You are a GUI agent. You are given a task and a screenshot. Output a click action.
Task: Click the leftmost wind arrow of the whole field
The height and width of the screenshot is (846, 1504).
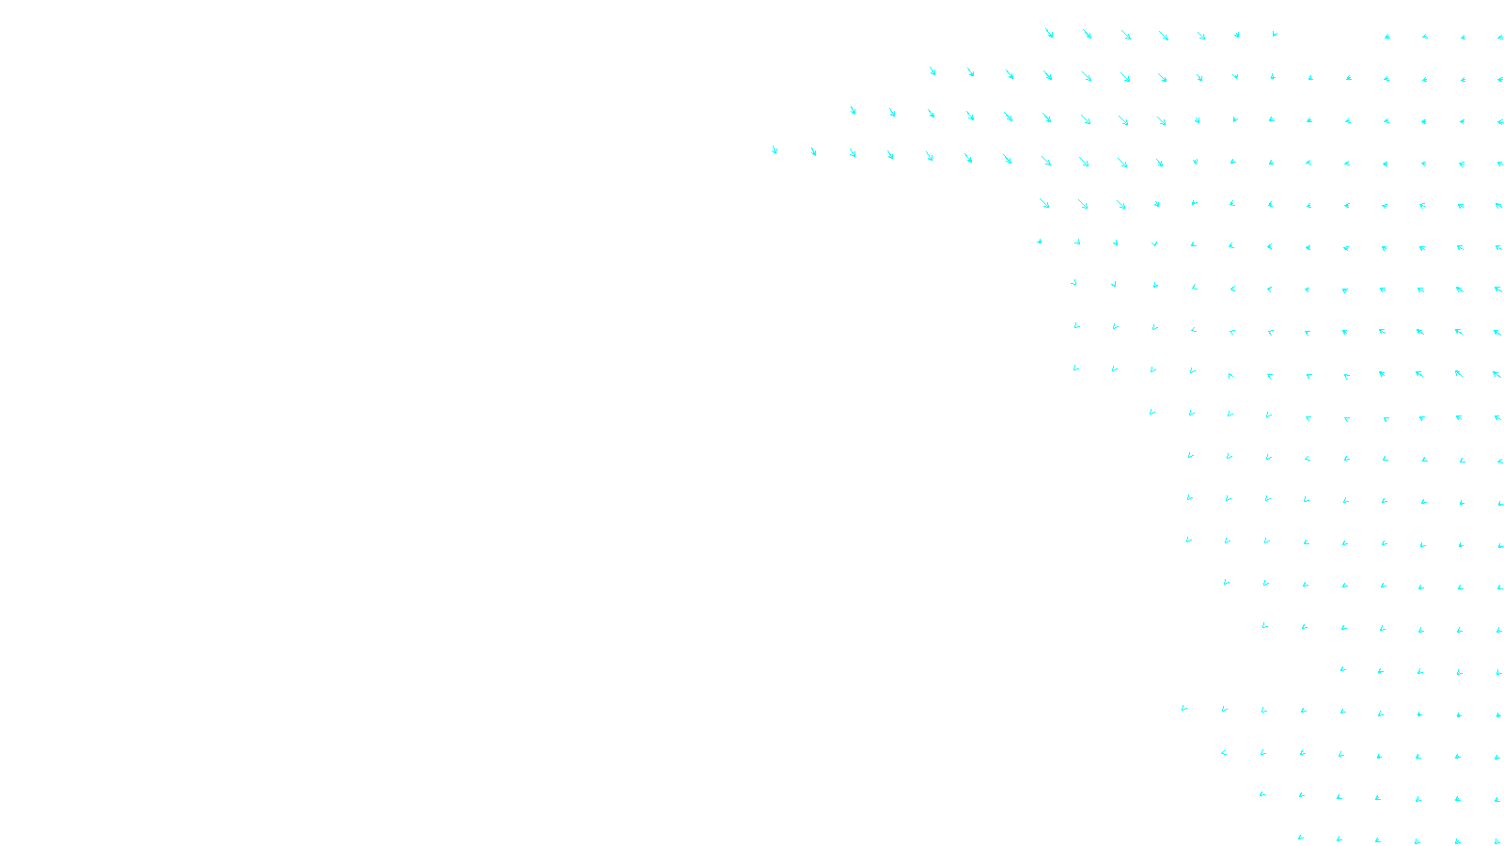coord(775,149)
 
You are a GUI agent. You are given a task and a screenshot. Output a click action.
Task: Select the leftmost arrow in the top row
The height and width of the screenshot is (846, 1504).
coord(1049,33)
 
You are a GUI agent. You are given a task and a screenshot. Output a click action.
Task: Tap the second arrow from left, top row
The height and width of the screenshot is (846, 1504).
coord(1088,35)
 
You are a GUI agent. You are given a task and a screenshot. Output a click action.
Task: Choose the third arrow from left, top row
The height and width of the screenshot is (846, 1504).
coord(1126,35)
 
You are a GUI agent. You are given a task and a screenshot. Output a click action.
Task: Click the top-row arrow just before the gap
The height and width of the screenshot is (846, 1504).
coord(1275,34)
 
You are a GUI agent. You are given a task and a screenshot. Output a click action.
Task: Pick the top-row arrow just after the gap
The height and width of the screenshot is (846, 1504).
coord(1386,37)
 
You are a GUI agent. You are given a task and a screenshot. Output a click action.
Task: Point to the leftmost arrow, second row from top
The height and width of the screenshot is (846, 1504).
coord(932,70)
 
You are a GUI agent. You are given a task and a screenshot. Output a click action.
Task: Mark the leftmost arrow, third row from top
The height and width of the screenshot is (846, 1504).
coord(853,110)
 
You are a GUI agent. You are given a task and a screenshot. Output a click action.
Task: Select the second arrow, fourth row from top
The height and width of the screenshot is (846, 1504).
coord(813,151)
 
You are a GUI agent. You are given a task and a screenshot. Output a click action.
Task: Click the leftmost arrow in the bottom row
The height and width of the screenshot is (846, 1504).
coord(1301,837)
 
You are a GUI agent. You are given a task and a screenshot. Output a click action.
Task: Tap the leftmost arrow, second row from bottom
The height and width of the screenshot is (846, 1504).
coord(1262,794)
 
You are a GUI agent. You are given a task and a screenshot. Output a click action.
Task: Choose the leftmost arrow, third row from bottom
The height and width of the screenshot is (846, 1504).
coord(1224,752)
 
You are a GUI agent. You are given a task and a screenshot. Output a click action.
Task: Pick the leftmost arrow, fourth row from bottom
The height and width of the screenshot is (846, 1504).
coord(1184,708)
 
